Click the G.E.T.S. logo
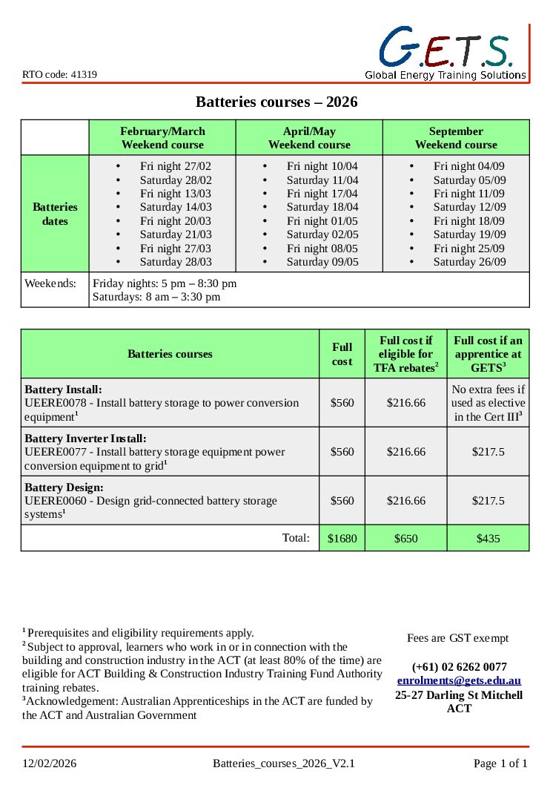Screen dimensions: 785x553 (x=446, y=52)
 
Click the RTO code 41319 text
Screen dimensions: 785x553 (x=59, y=74)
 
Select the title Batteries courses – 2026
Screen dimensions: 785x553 (x=276, y=102)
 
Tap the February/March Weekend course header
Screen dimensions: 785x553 (x=162, y=138)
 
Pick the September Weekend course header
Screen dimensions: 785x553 (x=456, y=138)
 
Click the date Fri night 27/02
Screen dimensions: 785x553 (x=175, y=166)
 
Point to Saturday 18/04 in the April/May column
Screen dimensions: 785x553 (x=322, y=207)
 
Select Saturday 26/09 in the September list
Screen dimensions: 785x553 (x=469, y=262)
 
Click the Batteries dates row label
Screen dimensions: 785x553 (x=55, y=214)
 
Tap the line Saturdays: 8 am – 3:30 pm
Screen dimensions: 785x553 (x=156, y=297)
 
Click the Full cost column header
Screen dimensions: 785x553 (x=342, y=354)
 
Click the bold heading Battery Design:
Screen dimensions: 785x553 (x=64, y=487)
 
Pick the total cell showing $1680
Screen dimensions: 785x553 (x=342, y=539)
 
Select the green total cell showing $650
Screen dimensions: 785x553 (x=405, y=539)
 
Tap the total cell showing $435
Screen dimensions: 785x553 (x=488, y=539)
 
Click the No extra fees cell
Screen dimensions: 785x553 (x=488, y=403)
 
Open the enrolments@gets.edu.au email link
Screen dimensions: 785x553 (x=459, y=680)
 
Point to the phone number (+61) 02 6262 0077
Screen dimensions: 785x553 (x=459, y=666)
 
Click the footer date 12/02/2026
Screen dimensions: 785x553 (x=49, y=763)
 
